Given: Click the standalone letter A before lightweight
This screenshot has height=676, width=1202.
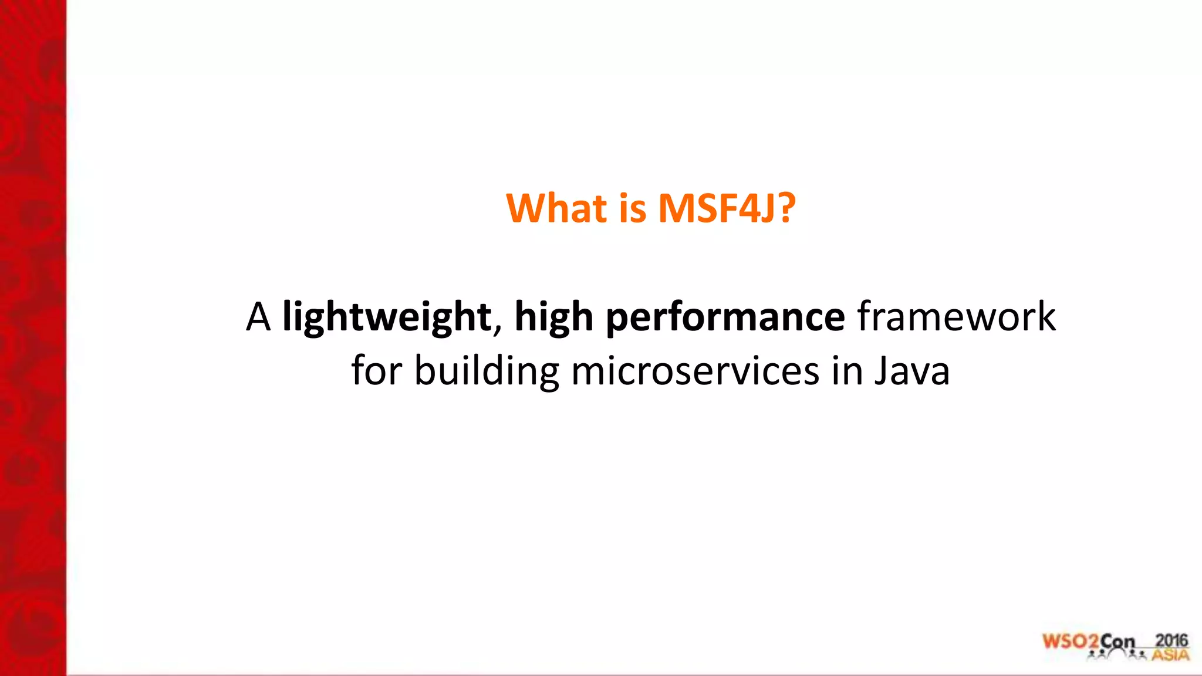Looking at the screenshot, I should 258,317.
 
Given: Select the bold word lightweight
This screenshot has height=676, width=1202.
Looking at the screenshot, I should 387,317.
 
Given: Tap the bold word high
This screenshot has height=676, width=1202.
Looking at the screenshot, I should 553,317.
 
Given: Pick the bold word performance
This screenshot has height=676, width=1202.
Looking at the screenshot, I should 725,317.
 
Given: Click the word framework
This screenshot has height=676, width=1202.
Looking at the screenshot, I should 956,317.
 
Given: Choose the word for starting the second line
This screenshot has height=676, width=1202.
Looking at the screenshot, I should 376,371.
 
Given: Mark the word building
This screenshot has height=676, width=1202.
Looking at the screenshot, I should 487,371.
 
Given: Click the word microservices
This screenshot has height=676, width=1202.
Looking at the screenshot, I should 695,371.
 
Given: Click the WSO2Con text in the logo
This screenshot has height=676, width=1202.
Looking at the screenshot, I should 1089,641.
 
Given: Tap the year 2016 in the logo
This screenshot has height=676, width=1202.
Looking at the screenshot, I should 1171,640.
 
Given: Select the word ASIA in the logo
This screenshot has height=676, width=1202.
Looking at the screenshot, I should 1170,654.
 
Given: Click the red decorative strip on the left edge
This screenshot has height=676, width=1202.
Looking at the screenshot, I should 33,338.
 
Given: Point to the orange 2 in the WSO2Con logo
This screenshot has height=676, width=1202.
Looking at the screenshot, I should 1093,642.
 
